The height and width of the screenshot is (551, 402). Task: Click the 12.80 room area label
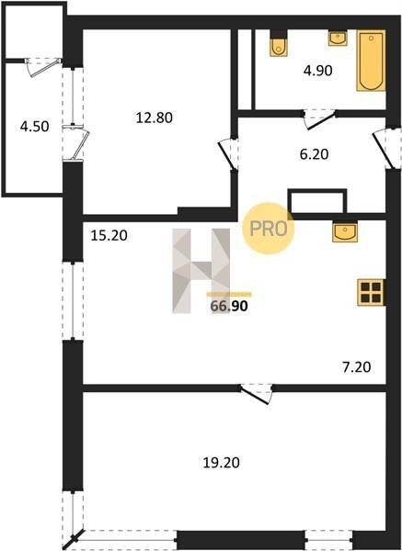coord(155,118)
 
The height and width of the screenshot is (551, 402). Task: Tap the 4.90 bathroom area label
coord(318,71)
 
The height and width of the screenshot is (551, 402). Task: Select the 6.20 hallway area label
coord(314,154)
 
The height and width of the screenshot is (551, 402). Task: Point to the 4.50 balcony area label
coord(35,126)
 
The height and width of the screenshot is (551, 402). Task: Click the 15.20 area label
coord(109,235)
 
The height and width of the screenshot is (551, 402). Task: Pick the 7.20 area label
coord(357,367)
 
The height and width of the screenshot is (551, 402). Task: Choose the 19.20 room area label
coord(221,463)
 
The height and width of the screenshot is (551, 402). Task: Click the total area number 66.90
coord(229,306)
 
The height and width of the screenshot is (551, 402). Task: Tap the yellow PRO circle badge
coord(269,229)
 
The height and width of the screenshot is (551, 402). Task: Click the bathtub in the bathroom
coord(371,61)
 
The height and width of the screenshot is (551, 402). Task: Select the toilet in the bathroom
coord(279,47)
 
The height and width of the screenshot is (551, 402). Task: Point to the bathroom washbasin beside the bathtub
coord(338,38)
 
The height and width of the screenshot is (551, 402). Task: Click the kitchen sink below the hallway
coord(345,231)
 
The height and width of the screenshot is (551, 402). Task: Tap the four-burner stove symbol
coord(371,292)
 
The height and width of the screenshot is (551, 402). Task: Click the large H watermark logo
coord(201,271)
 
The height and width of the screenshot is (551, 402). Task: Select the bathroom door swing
coord(319,118)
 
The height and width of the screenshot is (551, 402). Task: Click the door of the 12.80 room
coord(228,154)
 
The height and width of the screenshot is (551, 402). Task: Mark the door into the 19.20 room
coord(257,394)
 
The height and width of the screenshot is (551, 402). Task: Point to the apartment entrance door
coord(385,148)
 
